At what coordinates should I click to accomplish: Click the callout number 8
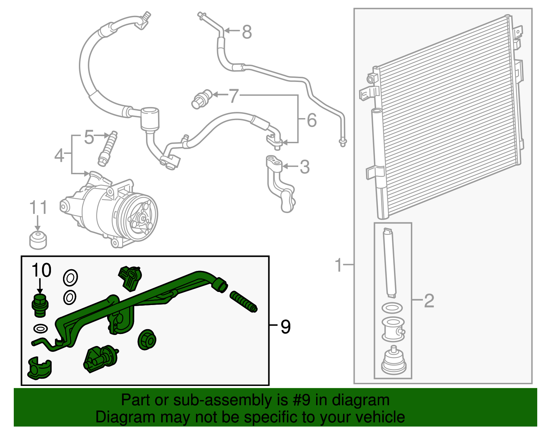(247, 32)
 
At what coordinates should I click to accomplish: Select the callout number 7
(234, 96)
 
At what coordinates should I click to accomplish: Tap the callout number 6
(311, 120)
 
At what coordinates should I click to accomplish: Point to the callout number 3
(304, 167)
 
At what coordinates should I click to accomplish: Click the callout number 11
(38, 208)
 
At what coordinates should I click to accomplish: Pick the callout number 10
(41, 270)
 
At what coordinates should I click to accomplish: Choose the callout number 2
(429, 301)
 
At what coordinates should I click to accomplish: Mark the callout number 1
(339, 265)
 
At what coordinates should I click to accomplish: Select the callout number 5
(89, 137)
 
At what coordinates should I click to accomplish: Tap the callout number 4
(59, 155)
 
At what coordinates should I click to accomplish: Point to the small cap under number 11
(38, 240)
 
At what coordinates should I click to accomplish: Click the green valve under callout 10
(40, 305)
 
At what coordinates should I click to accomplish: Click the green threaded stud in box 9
(243, 302)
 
